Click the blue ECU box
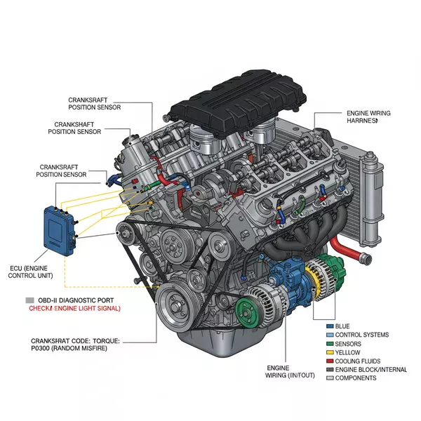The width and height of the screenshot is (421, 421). (x=60, y=230)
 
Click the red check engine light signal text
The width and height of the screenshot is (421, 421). (x=74, y=309)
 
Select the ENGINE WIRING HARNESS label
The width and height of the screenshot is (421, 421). (x=368, y=116)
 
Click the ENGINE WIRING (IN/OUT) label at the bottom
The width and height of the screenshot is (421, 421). (x=287, y=372)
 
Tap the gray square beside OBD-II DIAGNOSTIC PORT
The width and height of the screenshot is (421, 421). (x=29, y=299)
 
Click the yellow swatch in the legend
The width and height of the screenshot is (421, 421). (x=330, y=352)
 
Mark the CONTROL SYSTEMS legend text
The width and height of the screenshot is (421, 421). (x=361, y=335)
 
